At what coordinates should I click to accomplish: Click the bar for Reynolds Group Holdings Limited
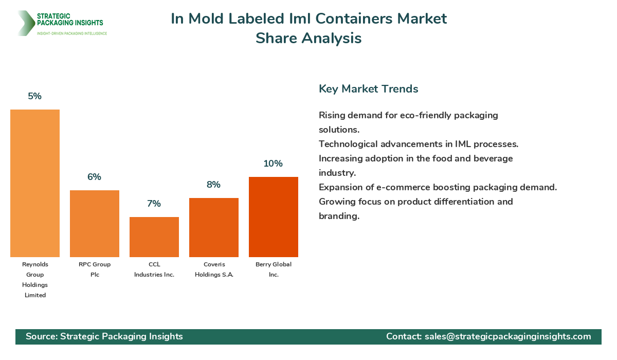pyautogui.click(x=35, y=183)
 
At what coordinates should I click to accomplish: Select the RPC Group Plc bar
pyautogui.click(x=95, y=224)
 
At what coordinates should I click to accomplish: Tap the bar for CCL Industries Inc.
pyautogui.click(x=154, y=237)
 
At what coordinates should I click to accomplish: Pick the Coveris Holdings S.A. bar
pyautogui.click(x=214, y=227)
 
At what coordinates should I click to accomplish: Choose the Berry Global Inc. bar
pyautogui.click(x=274, y=217)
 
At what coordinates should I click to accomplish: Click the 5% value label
pyautogui.click(x=35, y=96)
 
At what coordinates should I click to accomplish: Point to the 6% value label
pyautogui.click(x=95, y=177)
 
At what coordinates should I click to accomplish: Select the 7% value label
pyautogui.click(x=154, y=204)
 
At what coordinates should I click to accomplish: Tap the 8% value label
pyautogui.click(x=214, y=185)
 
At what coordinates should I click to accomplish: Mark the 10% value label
pyautogui.click(x=274, y=164)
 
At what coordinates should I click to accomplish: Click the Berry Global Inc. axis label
pyautogui.click(x=274, y=269)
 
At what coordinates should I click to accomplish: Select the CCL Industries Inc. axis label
pyautogui.click(x=154, y=269)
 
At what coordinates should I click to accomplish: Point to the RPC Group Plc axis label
pyautogui.click(x=95, y=269)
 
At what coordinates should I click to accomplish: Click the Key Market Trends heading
pyautogui.click(x=369, y=89)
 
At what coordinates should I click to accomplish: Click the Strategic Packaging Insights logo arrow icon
pyautogui.click(x=25, y=23)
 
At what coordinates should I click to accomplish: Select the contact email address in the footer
pyautogui.click(x=507, y=336)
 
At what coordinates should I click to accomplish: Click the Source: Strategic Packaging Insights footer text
pyautogui.click(x=104, y=336)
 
